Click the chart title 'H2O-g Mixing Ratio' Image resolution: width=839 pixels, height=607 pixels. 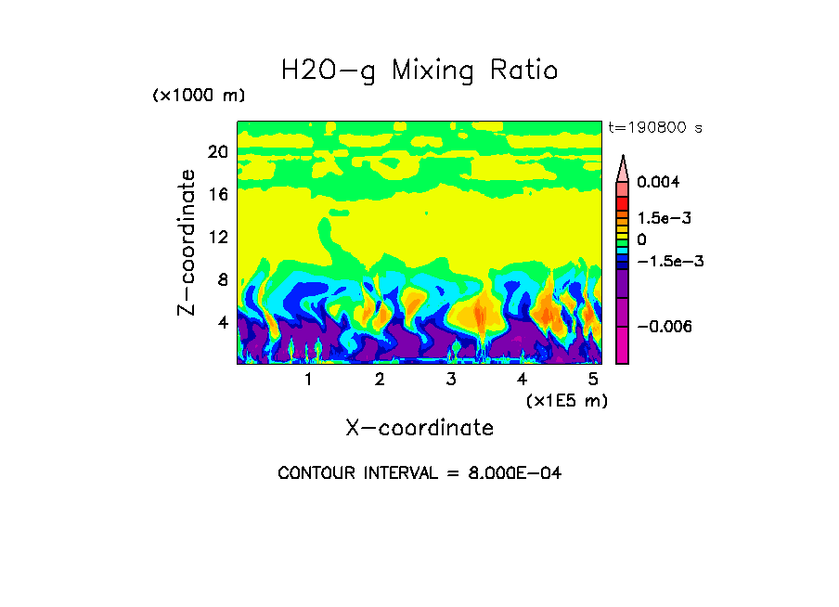pyautogui.click(x=419, y=71)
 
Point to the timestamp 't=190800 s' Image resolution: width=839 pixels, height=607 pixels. pyautogui.click(x=655, y=127)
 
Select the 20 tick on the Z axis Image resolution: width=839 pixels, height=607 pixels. pyautogui.click(x=217, y=152)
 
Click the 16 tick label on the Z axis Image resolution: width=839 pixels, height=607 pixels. pyautogui.click(x=217, y=195)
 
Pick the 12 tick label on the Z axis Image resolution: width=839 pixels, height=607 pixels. pyautogui.click(x=217, y=238)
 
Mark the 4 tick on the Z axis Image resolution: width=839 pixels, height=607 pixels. pyautogui.click(x=222, y=323)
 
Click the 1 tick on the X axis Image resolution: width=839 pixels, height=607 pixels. pyautogui.click(x=308, y=380)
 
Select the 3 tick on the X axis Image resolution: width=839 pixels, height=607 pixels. pyautogui.click(x=450, y=380)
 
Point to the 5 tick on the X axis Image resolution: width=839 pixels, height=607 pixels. pyautogui.click(x=593, y=380)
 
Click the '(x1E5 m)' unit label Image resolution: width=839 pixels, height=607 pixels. pyautogui.click(x=566, y=400)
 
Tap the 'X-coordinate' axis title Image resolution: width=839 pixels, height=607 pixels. pyautogui.click(x=419, y=428)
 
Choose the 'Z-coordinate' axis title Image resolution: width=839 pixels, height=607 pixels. pyautogui.click(x=187, y=242)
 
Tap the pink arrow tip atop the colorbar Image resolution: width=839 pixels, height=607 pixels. pyautogui.click(x=623, y=163)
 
